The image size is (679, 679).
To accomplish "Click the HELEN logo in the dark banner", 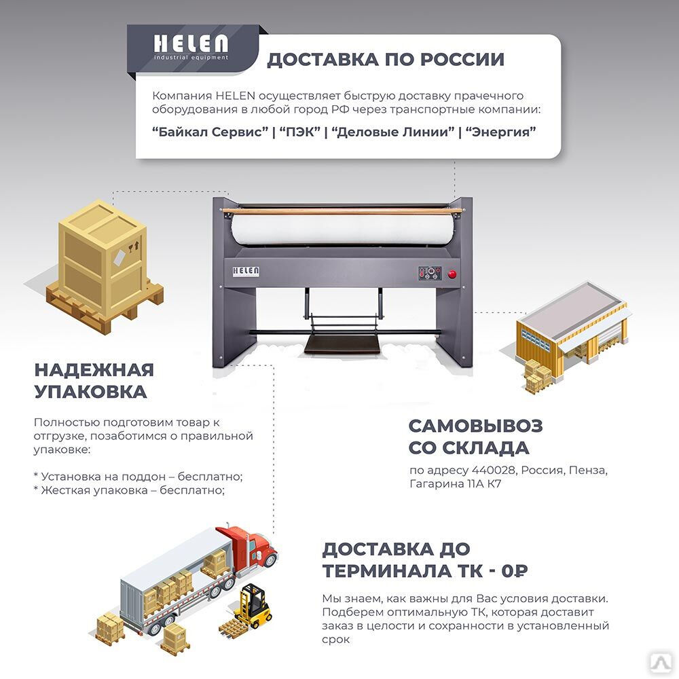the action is (191, 47).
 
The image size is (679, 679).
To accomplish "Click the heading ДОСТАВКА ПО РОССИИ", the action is (386, 59).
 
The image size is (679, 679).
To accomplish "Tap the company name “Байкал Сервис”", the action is (210, 131).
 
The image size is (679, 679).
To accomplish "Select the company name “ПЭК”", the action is (300, 131).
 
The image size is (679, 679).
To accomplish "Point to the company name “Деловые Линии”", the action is (393, 131).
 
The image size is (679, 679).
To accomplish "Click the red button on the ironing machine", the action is (452, 274).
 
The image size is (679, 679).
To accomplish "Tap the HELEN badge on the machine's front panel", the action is (246, 272).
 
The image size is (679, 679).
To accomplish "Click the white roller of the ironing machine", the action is (344, 229).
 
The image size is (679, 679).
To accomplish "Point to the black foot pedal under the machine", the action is (342, 344).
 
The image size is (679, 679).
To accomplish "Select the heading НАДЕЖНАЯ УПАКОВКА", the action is (94, 381).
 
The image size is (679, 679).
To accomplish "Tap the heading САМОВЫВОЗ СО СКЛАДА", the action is (475, 437).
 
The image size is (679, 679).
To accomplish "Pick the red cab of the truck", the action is (253, 547).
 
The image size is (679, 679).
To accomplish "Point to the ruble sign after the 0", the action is (520, 571).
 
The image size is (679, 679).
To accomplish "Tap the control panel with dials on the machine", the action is (430, 273).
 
